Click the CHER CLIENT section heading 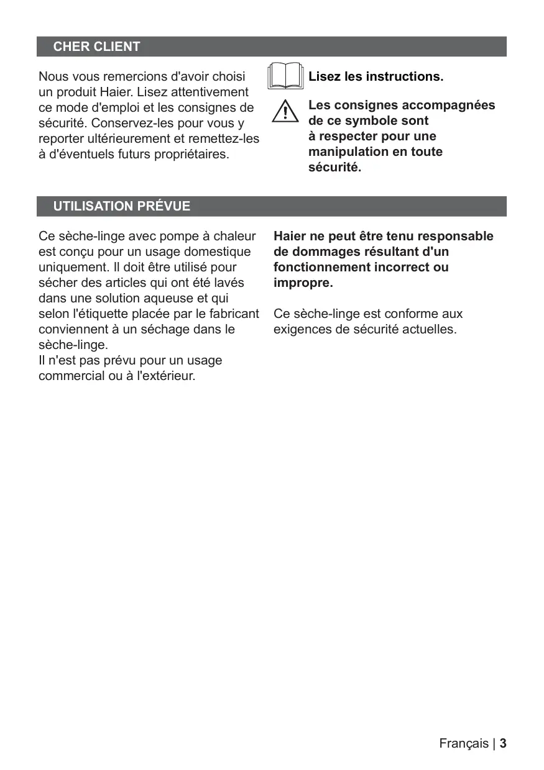click(x=96, y=47)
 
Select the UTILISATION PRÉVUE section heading click(x=122, y=206)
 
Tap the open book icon click(x=285, y=77)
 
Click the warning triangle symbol click(x=285, y=111)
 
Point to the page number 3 click(x=503, y=743)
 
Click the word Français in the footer click(x=464, y=743)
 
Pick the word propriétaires click(x=193, y=154)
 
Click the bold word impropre click(x=303, y=283)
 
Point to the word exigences click(x=302, y=329)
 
